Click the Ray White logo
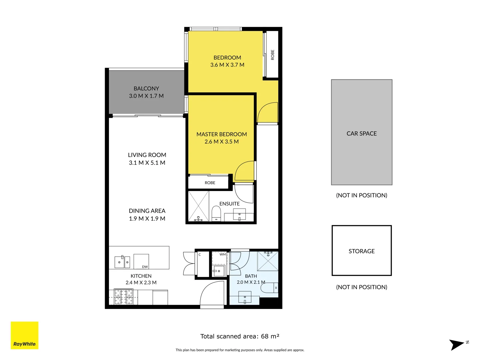point(24,335)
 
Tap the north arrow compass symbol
point(458,344)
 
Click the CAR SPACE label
point(361,133)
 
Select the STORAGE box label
point(361,251)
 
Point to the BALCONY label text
point(146,88)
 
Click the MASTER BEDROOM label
point(222,134)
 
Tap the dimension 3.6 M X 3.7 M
point(227,65)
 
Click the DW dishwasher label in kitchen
point(145,267)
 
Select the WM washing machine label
point(223,254)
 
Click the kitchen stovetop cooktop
point(123,297)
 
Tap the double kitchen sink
point(122,262)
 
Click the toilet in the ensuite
point(216,213)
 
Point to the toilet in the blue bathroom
point(270,287)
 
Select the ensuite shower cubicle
point(199,206)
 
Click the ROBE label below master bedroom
point(210,183)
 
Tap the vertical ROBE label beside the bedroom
point(272,55)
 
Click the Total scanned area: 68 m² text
point(240,336)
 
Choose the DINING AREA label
point(147,211)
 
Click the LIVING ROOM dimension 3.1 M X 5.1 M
point(147,163)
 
